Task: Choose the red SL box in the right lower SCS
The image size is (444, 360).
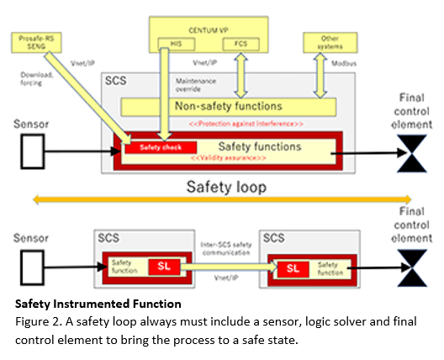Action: point(291,268)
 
